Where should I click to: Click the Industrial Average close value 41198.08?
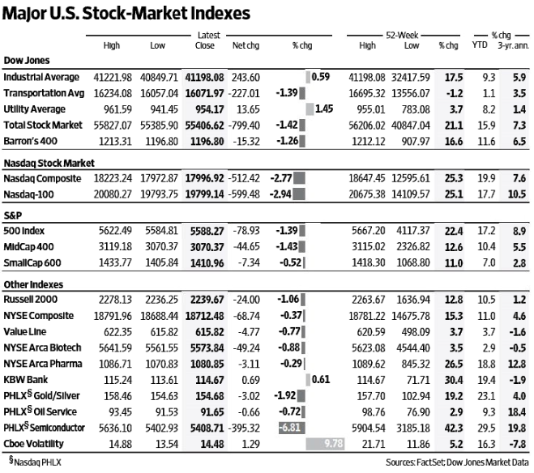204,78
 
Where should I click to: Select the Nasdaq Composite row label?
42,179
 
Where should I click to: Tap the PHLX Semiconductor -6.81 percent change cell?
292,428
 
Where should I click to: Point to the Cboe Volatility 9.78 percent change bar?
325,444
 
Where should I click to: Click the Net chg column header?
246,45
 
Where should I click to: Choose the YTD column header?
480,45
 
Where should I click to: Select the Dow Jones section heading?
27,61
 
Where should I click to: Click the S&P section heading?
13,215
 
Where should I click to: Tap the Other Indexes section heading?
33,284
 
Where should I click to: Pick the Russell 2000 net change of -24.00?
246,300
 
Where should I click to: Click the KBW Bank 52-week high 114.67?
371,380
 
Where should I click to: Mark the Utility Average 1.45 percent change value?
324,109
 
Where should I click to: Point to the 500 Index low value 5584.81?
161,231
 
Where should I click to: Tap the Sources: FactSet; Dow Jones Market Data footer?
457,462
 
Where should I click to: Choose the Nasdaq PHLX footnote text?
35,462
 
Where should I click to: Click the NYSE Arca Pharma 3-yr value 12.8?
517,364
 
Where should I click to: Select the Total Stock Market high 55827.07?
113,126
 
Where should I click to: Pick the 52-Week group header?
402,35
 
